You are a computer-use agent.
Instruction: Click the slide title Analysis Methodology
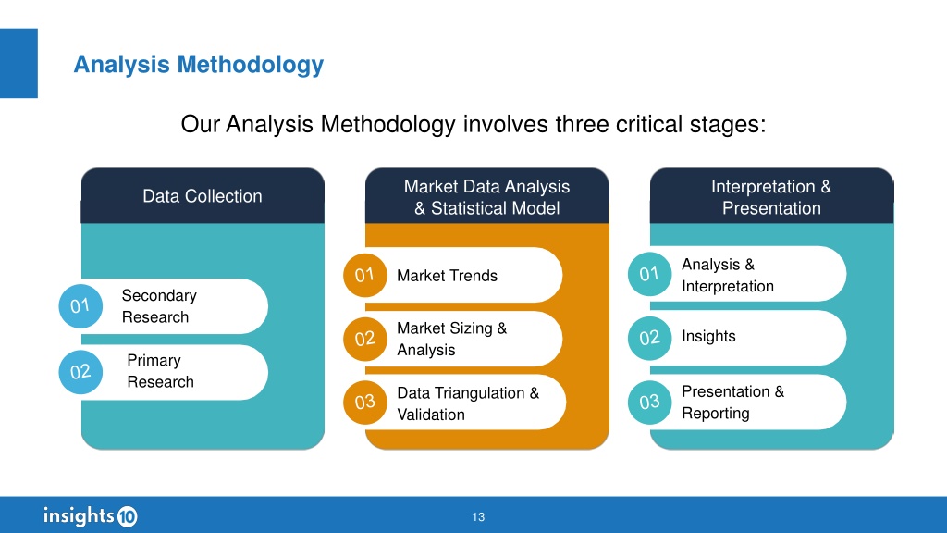tap(198, 65)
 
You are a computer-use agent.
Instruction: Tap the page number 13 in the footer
tap(478, 517)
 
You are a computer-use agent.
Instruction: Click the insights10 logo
tap(91, 516)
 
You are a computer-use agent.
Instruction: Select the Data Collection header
tap(203, 196)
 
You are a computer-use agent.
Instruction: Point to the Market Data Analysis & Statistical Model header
tap(486, 197)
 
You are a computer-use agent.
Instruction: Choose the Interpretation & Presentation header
tap(771, 197)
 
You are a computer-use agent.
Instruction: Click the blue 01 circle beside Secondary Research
tap(80, 306)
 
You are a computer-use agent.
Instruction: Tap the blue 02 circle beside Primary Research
tap(80, 372)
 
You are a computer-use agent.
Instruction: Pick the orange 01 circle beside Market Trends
tap(364, 275)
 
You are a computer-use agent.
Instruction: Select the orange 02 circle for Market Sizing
tap(364, 339)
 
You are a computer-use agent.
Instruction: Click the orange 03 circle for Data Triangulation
tap(364, 403)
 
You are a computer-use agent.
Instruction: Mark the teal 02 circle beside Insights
tap(650, 338)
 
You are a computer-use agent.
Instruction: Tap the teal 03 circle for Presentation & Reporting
tap(650, 403)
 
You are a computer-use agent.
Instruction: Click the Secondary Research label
tap(159, 306)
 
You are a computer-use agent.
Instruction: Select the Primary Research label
tap(161, 371)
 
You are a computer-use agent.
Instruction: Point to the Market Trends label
tap(447, 276)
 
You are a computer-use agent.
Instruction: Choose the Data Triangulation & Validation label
tap(468, 403)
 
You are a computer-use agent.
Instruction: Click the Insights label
tap(708, 336)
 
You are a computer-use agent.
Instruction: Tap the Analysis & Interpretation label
tap(728, 275)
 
